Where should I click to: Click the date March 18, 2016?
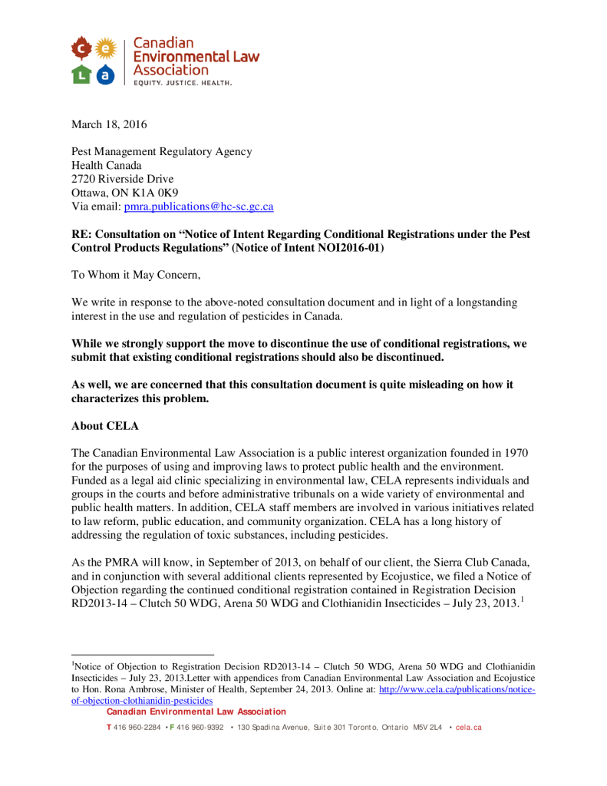tap(109, 124)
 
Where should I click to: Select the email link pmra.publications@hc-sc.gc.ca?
tap(199, 206)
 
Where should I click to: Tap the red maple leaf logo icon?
tap(81, 50)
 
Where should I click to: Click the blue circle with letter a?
tap(107, 74)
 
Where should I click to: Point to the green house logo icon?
tap(81, 74)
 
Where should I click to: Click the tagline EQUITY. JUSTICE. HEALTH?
tap(183, 82)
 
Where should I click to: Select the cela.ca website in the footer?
tap(468, 727)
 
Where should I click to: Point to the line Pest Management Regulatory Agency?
tap(161, 151)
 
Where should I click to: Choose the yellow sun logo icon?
tap(107, 50)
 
